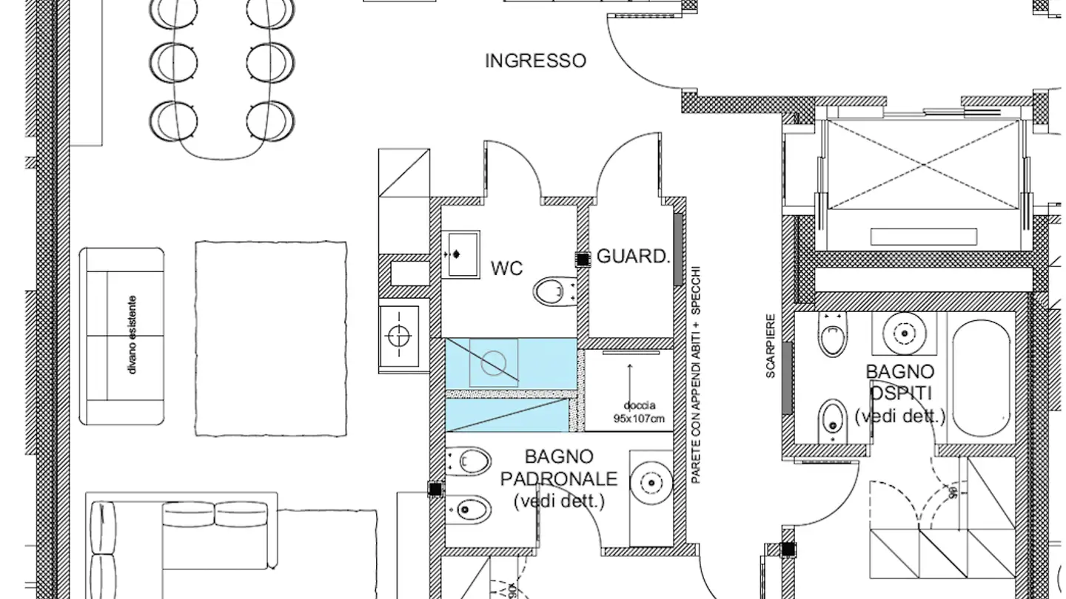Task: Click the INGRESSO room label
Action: tap(535, 61)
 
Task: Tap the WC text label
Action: tap(506, 268)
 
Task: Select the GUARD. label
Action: tap(633, 257)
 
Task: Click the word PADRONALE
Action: tap(559, 478)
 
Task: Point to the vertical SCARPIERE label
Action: tap(771, 346)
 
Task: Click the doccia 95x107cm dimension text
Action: tap(639, 412)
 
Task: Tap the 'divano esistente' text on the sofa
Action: tap(133, 335)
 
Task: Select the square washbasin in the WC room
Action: tap(460, 254)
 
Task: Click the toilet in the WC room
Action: tap(553, 291)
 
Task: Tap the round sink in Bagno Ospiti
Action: tap(904, 332)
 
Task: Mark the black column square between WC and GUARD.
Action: tap(583, 259)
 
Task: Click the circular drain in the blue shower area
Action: tap(493, 362)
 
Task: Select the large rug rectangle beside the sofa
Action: tap(271, 338)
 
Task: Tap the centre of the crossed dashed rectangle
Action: tap(922, 164)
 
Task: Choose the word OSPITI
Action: tap(900, 393)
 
